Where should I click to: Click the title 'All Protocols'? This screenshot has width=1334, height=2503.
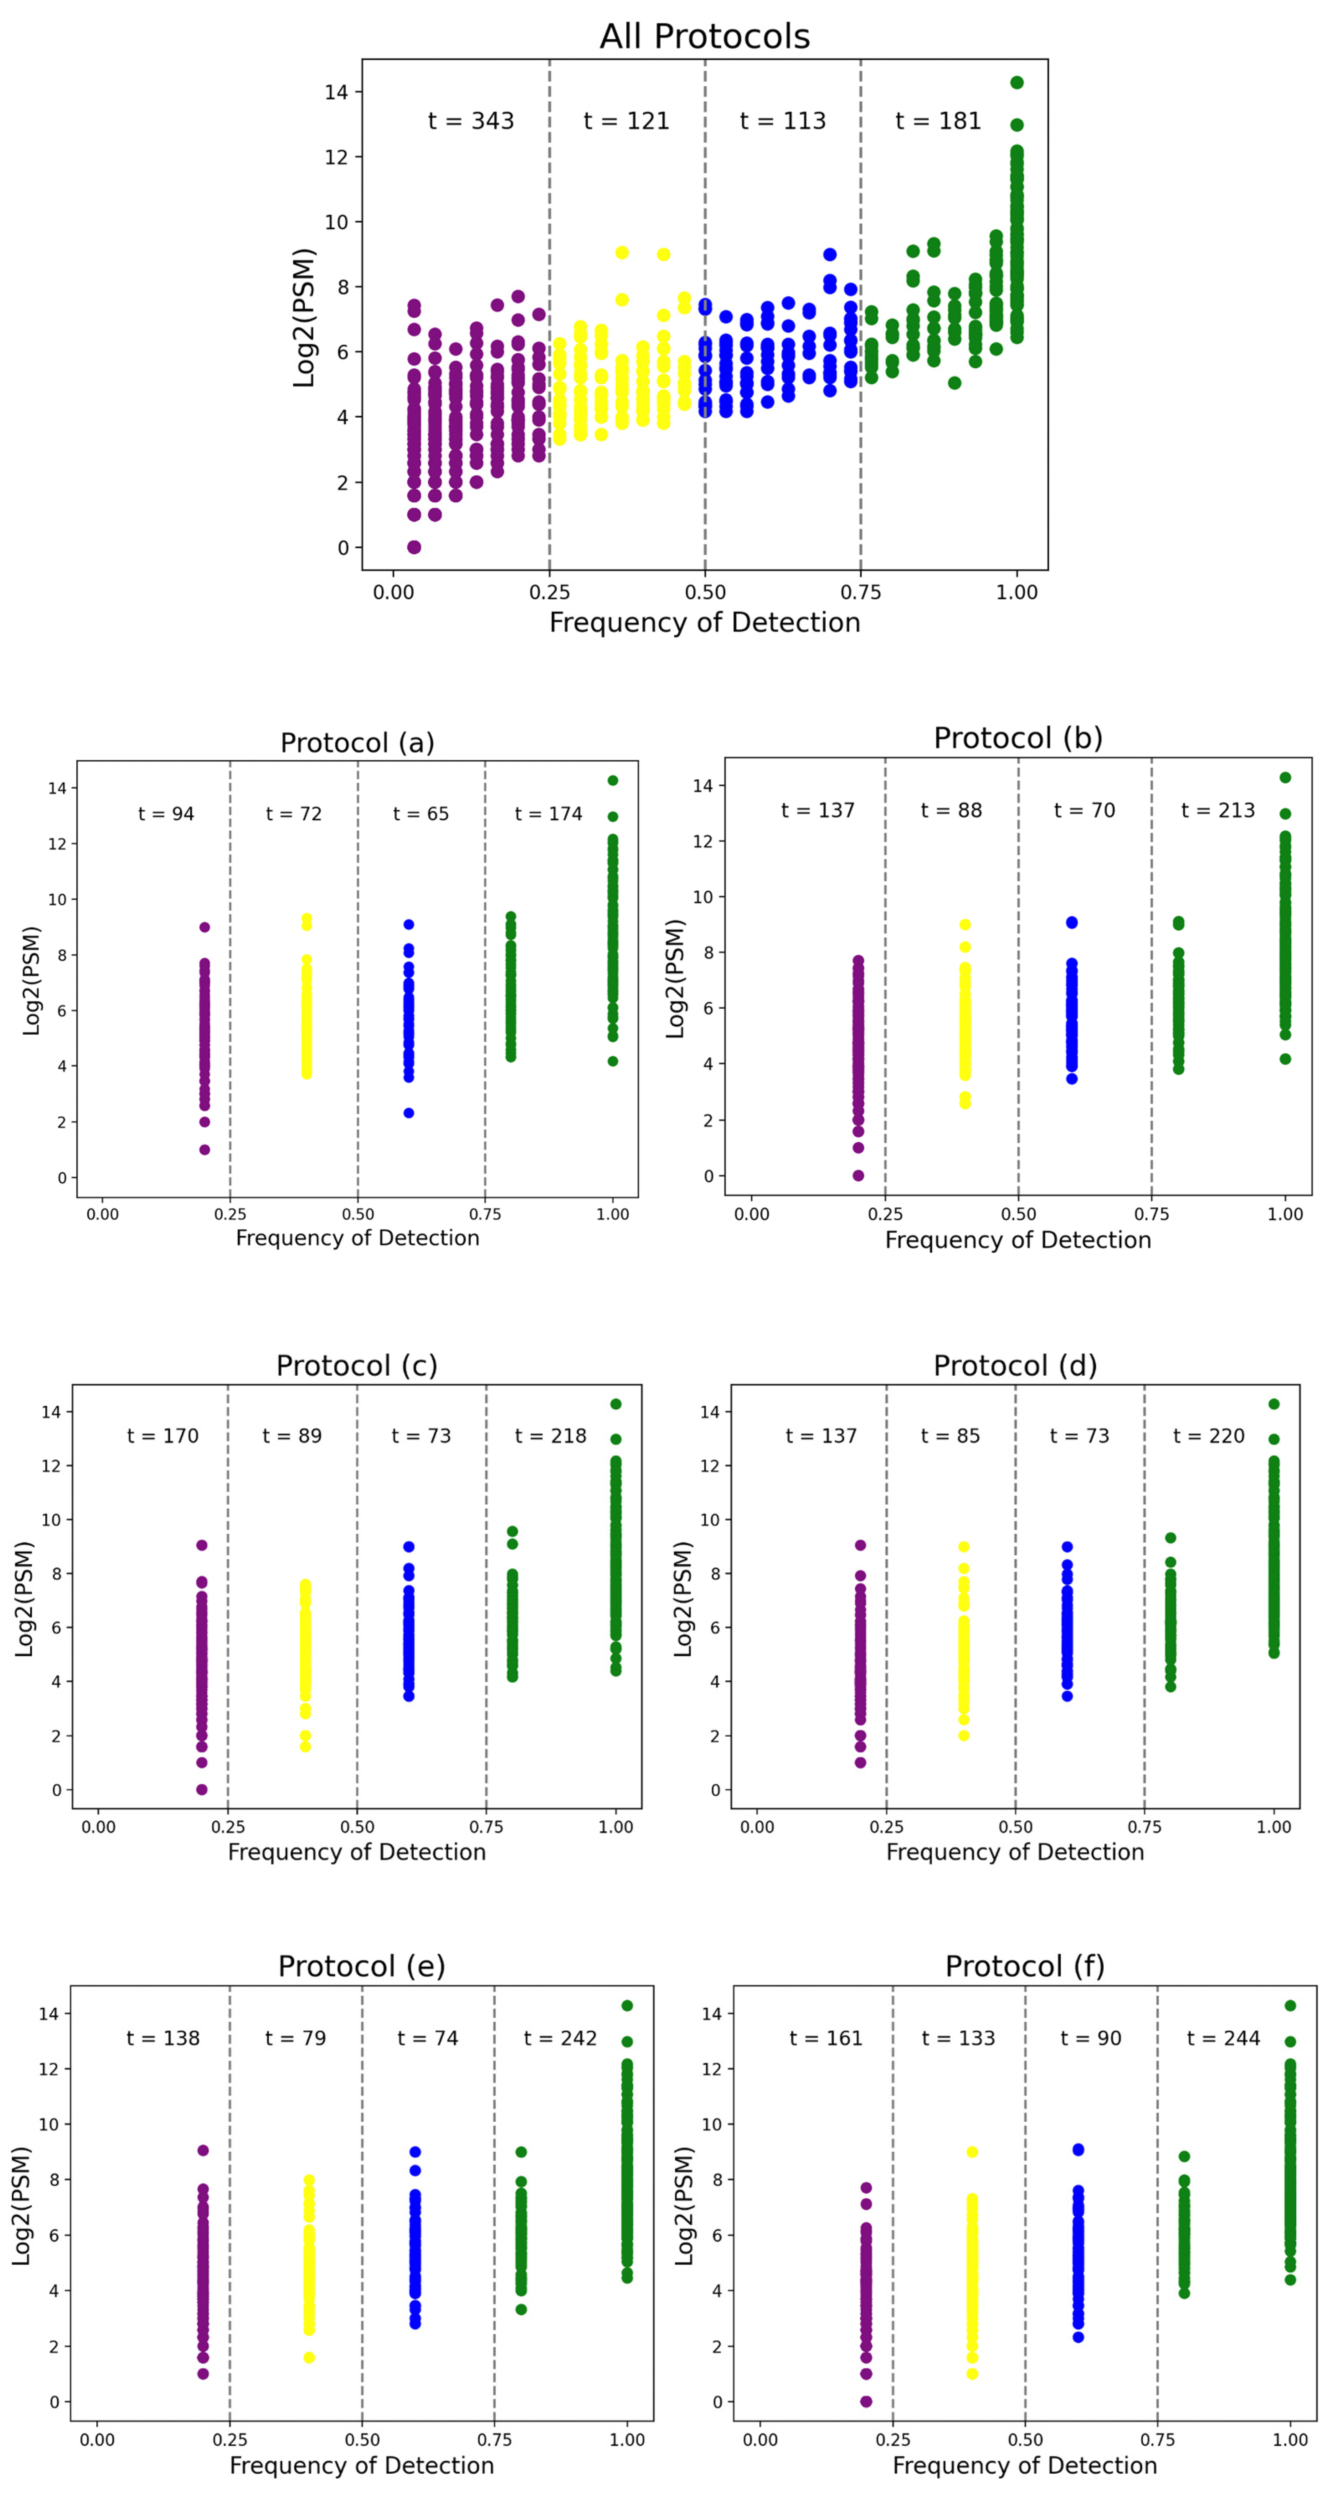704,37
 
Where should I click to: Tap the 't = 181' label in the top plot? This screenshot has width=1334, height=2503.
938,121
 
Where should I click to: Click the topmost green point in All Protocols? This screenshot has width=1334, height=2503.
1016,82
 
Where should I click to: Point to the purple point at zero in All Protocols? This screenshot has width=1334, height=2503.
414,547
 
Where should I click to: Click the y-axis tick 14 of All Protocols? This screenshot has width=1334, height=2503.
336,93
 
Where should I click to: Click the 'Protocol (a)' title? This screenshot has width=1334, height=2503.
357,743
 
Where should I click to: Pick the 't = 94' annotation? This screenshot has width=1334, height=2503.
166,814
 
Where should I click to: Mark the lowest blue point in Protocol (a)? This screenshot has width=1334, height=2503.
409,1113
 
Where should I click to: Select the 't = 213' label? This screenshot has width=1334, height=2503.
1217,810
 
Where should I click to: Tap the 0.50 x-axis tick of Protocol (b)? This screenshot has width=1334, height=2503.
1018,1213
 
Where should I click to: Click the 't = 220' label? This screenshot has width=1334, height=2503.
1209,1436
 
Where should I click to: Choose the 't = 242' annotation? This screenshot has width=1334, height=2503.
560,2038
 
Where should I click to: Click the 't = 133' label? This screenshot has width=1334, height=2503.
958,2038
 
